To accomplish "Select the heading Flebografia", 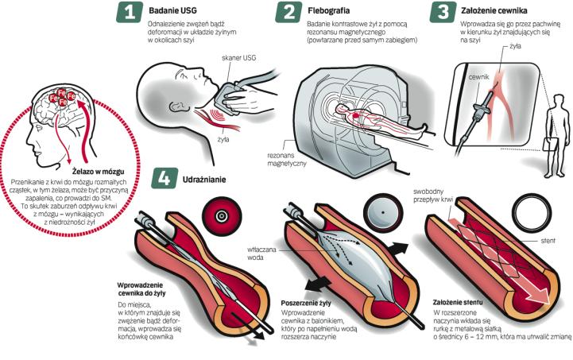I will point(327,11).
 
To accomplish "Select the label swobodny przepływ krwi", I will point(431,195).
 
